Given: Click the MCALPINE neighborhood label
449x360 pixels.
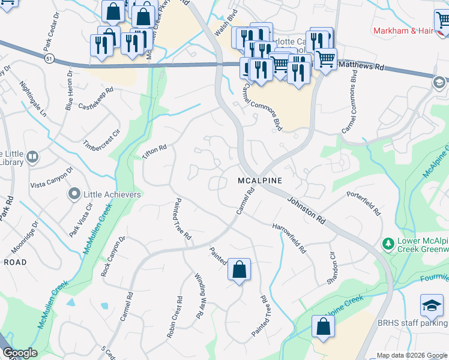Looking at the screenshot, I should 259,181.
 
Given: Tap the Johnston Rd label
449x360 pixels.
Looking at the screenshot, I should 306,211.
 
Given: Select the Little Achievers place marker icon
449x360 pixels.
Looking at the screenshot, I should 74,194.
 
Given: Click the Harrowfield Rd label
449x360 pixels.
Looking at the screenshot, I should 289,238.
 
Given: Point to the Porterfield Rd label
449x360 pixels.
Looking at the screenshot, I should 364,203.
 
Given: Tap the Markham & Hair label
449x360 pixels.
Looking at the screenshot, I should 403,31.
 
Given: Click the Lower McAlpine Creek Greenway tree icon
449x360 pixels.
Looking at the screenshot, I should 388,245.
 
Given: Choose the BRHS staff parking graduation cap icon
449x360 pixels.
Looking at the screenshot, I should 432,306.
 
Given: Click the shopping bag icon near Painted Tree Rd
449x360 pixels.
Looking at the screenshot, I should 239,271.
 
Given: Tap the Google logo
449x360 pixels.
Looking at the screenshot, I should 20,353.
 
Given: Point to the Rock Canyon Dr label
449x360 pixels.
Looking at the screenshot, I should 112,257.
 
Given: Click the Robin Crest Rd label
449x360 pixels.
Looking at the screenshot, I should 175,317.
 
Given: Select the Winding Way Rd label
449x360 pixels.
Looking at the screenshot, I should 203,296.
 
